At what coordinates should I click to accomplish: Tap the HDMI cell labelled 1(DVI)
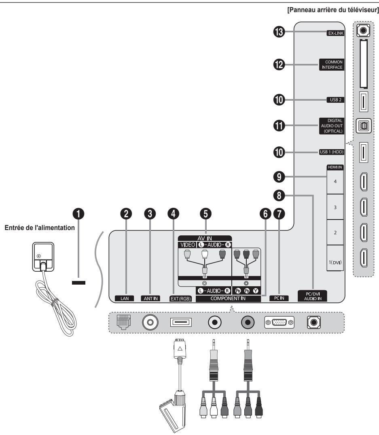[335, 262]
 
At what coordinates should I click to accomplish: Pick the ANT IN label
[150, 299]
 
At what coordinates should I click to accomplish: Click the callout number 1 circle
[78, 214]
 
